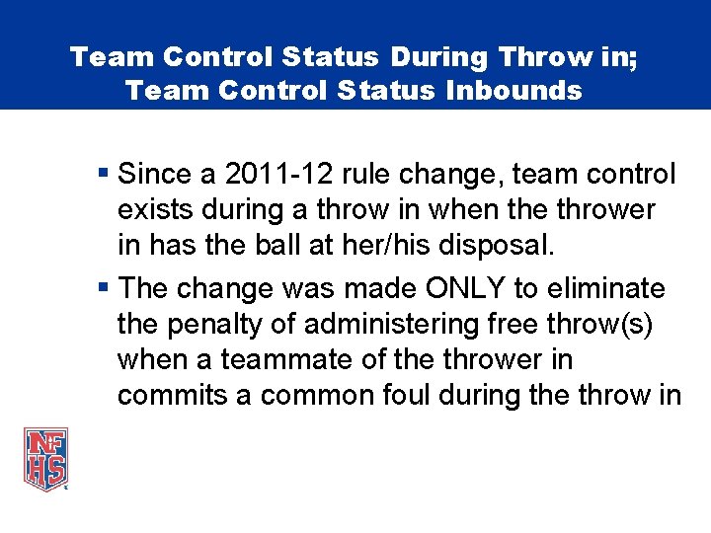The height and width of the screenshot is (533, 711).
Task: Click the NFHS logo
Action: (x=46, y=458)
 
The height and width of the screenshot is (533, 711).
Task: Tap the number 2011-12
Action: (x=265, y=176)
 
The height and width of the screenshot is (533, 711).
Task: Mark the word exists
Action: (x=150, y=210)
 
